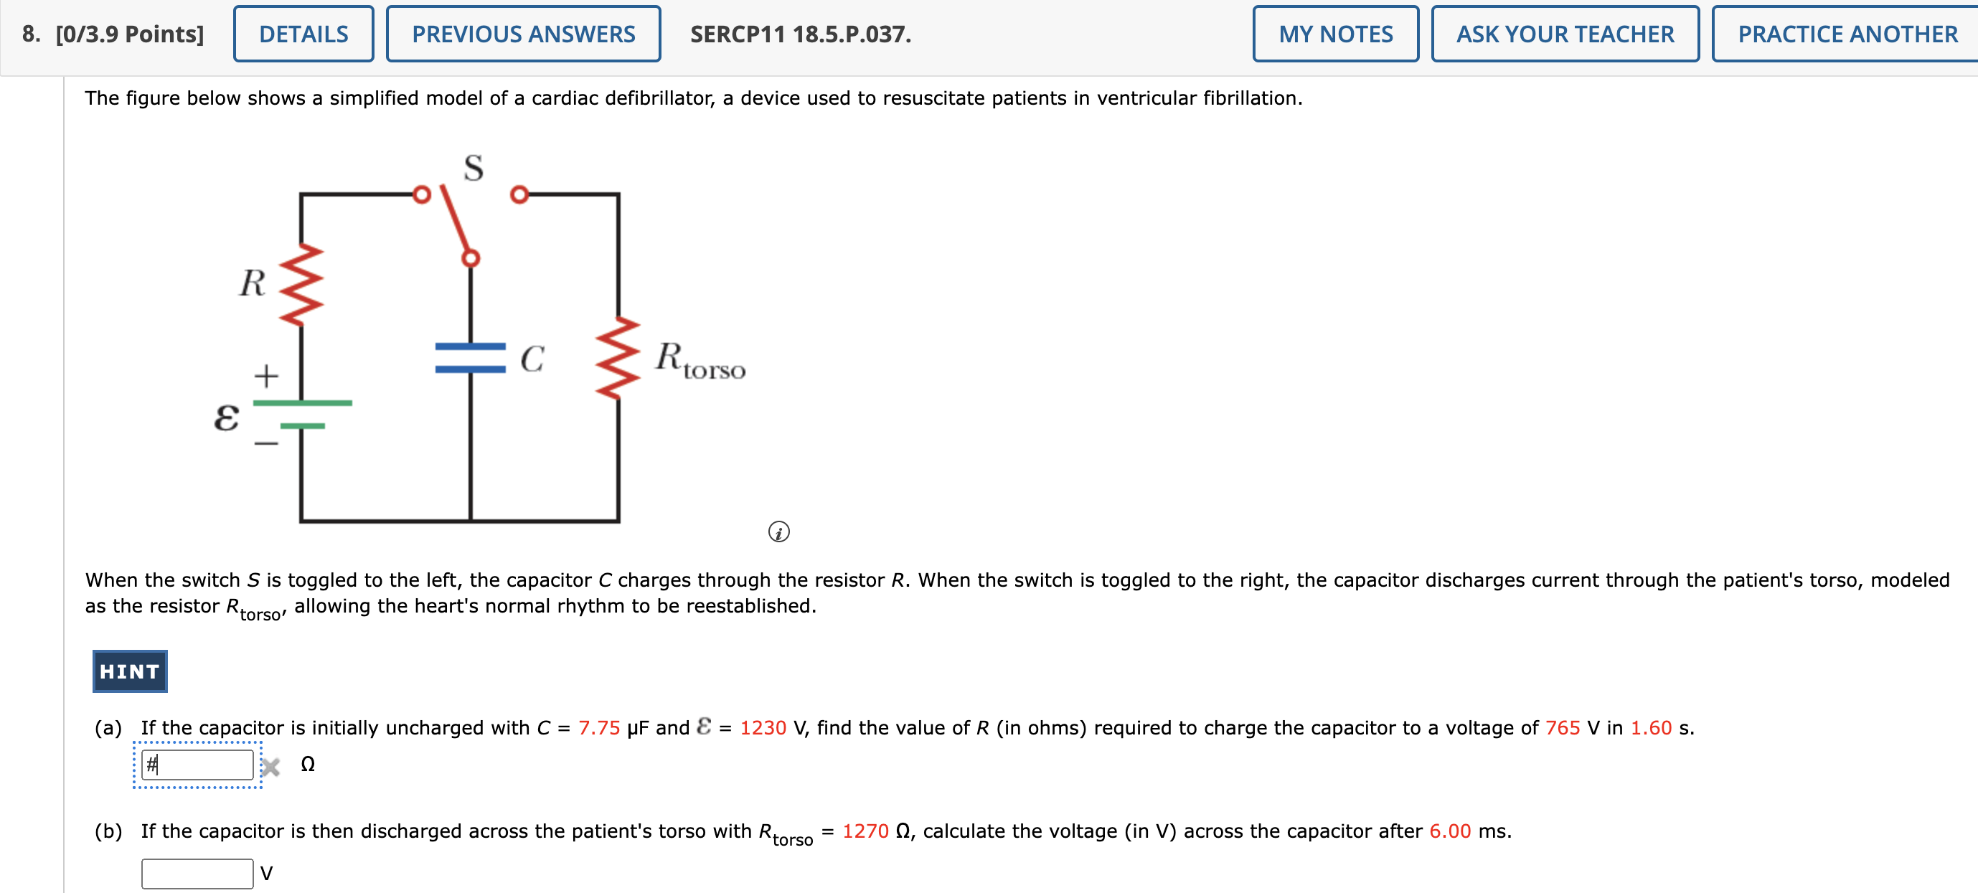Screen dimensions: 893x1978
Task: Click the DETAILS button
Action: (303, 34)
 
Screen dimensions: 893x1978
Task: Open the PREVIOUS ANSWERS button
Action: (523, 34)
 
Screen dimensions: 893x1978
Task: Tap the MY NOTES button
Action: (1335, 34)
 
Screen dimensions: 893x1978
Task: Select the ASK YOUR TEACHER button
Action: (1565, 34)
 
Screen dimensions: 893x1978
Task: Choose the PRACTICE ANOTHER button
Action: (1847, 34)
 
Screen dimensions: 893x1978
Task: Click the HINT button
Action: (130, 672)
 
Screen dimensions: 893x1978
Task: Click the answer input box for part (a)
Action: (197, 765)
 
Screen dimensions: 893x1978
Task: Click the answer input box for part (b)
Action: (197, 874)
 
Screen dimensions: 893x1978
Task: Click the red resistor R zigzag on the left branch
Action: (301, 285)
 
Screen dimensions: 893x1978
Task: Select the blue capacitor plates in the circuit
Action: (470, 358)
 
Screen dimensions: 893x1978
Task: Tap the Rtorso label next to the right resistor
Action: (700, 360)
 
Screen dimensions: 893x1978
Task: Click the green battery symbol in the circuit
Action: (302, 414)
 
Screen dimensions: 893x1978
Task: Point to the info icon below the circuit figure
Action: (778, 531)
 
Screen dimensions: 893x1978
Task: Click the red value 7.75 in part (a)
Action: (598, 728)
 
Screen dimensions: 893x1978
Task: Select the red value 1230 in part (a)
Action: (763, 728)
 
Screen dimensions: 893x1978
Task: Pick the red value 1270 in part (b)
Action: (865, 831)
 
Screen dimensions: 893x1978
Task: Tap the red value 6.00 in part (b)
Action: (1450, 831)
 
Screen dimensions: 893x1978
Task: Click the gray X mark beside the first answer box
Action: (270, 766)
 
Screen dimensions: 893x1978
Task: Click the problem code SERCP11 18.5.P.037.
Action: (800, 34)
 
